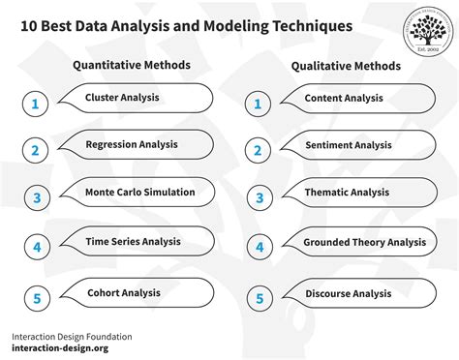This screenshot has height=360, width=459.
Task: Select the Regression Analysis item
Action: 132,145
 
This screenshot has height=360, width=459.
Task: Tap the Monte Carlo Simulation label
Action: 139,192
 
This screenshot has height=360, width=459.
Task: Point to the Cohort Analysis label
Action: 123,292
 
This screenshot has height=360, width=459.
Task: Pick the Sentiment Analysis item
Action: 348,145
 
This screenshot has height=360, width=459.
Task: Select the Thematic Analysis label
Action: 346,193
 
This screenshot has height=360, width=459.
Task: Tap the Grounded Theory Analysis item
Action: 363,242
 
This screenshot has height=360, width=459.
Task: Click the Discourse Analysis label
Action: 348,293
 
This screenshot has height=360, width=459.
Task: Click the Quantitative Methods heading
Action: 132,65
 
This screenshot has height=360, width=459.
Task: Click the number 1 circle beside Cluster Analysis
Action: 36,104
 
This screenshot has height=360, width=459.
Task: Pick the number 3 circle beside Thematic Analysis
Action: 259,198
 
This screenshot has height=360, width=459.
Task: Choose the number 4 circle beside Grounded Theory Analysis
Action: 259,248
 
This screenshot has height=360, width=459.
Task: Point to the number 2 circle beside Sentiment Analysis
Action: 259,151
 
